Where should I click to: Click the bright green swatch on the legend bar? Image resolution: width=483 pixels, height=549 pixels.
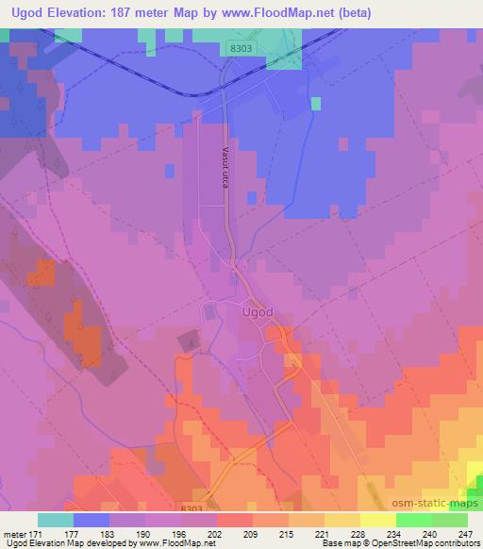click(413, 520)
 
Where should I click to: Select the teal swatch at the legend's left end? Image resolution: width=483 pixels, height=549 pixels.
click(56, 520)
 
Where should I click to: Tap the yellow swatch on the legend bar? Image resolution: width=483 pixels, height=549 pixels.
click(377, 520)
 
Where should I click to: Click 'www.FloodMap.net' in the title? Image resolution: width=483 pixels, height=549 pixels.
click(284, 13)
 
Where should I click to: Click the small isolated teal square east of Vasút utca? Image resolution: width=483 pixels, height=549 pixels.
click(315, 103)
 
